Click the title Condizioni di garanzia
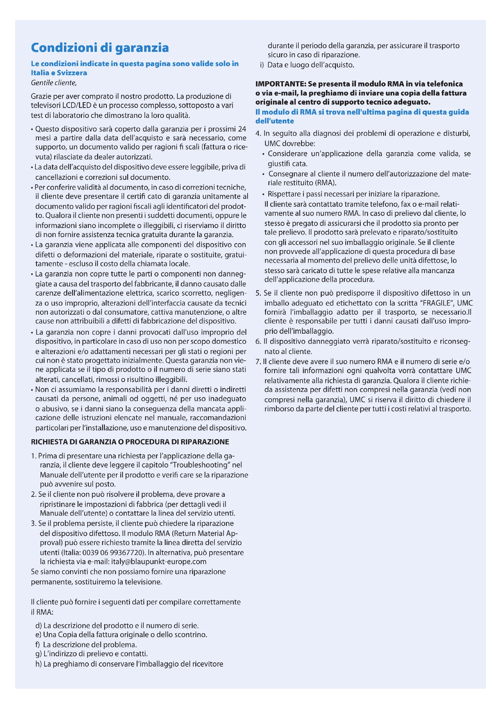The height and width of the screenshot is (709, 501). point(100,48)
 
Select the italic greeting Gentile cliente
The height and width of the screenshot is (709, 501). point(53,83)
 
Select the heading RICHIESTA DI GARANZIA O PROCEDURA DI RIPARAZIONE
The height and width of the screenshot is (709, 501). point(130,442)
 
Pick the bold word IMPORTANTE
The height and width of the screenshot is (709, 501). point(280,84)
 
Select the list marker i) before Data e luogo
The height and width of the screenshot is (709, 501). point(262,65)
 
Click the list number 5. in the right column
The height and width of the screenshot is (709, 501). point(258,293)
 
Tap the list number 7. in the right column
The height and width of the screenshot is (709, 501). point(258,362)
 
